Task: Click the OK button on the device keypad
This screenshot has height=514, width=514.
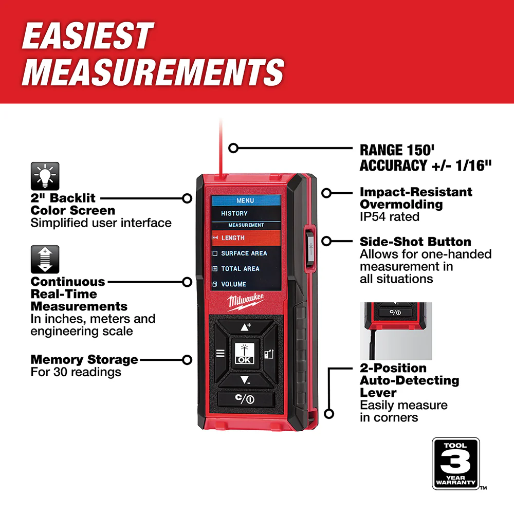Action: coord(245,354)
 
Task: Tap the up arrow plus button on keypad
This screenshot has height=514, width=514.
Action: coord(246,327)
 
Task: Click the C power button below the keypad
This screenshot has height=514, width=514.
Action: coord(246,399)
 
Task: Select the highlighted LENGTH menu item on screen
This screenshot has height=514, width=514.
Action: coord(246,238)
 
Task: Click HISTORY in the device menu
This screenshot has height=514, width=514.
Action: coord(234,213)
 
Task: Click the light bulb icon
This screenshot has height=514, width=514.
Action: coord(45,176)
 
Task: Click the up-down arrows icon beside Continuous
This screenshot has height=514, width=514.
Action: coord(45,259)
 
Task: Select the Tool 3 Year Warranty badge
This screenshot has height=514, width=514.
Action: coord(455,464)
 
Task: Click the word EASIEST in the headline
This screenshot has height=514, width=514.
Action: coord(88,37)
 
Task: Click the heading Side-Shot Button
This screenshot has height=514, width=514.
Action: coord(415,242)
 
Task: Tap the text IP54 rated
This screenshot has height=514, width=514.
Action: coord(390,216)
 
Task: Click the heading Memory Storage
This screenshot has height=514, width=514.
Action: coord(84,359)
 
